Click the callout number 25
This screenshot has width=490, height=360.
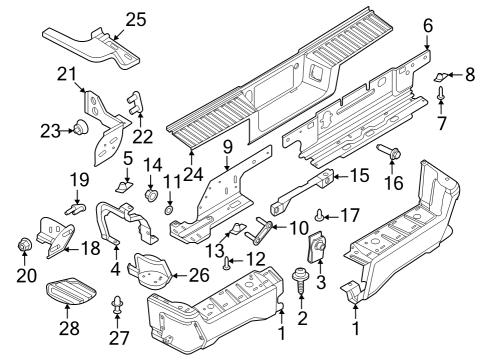[x=135, y=17]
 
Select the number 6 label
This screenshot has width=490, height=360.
[x=427, y=24]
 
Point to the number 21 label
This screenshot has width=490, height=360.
[x=68, y=74]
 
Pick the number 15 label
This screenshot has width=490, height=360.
[x=358, y=176]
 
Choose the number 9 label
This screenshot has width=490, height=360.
[x=227, y=146]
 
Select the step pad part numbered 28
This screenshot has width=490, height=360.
[x=73, y=293]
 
